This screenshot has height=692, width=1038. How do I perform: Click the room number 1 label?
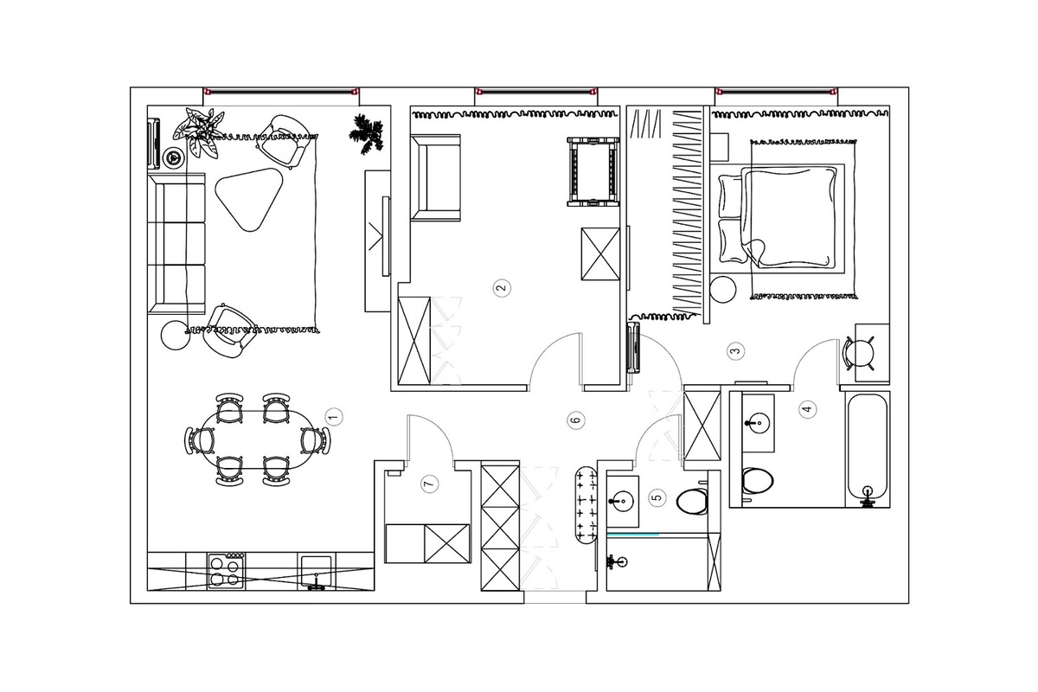pyautogui.click(x=334, y=417)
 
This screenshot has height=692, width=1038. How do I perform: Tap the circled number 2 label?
pyautogui.click(x=502, y=288)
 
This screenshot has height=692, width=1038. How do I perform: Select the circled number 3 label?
pyautogui.click(x=736, y=351)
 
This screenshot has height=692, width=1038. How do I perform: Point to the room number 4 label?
pyautogui.click(x=808, y=409)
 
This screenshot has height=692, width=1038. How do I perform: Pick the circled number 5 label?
pyautogui.click(x=657, y=497)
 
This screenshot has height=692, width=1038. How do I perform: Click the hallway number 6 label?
pyautogui.click(x=576, y=420)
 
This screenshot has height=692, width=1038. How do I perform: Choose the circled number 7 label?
pyautogui.click(x=430, y=484)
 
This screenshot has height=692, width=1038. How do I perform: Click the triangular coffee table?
pyautogui.click(x=249, y=199)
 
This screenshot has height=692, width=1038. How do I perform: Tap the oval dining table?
pyautogui.click(x=257, y=439)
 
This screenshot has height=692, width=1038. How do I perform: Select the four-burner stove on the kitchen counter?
pyautogui.click(x=227, y=571)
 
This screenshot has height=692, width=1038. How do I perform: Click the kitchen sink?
pyautogui.click(x=317, y=573)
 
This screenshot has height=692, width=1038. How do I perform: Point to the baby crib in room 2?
pyautogui.click(x=593, y=171)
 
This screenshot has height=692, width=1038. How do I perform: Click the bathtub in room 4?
pyautogui.click(x=868, y=449)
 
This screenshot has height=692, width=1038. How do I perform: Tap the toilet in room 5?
pyautogui.click(x=692, y=501)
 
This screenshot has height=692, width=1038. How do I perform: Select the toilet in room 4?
pyautogui.click(x=758, y=480)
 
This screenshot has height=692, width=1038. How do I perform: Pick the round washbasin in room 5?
pyautogui.click(x=622, y=501)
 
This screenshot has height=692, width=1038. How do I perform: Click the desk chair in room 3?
pyautogui.click(x=859, y=354)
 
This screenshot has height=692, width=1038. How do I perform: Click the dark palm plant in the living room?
pyautogui.click(x=367, y=134)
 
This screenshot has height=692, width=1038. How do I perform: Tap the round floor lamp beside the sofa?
pyautogui.click(x=176, y=335)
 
